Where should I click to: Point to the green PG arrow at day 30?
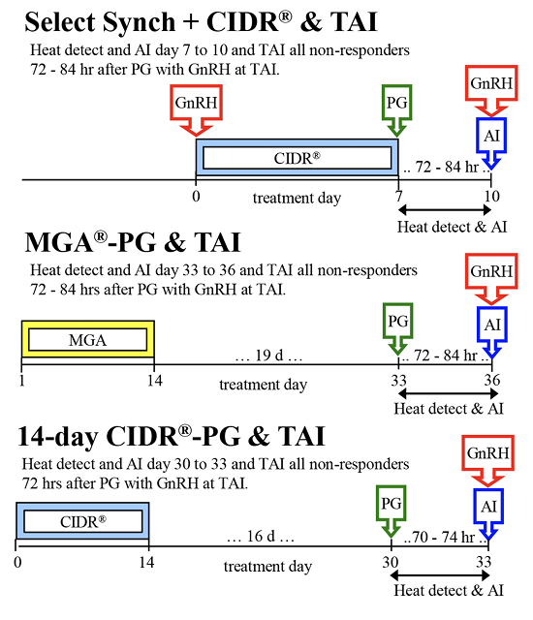(392, 511)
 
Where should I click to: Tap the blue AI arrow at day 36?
(490, 330)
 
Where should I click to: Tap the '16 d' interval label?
(259, 536)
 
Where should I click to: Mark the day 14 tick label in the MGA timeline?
(153, 381)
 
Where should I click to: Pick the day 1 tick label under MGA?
(21, 381)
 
